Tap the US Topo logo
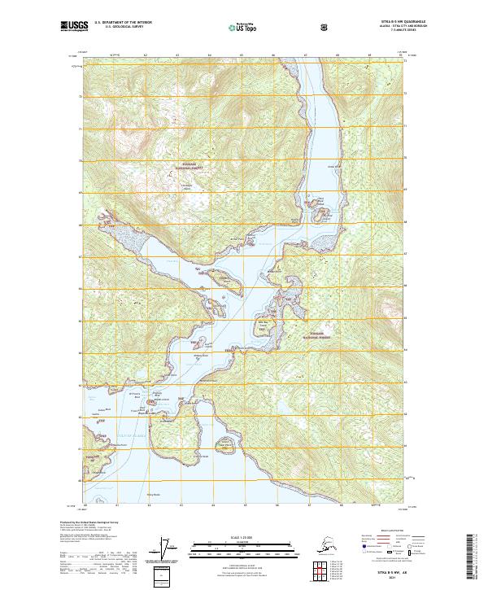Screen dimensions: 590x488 click(x=246, y=27)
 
